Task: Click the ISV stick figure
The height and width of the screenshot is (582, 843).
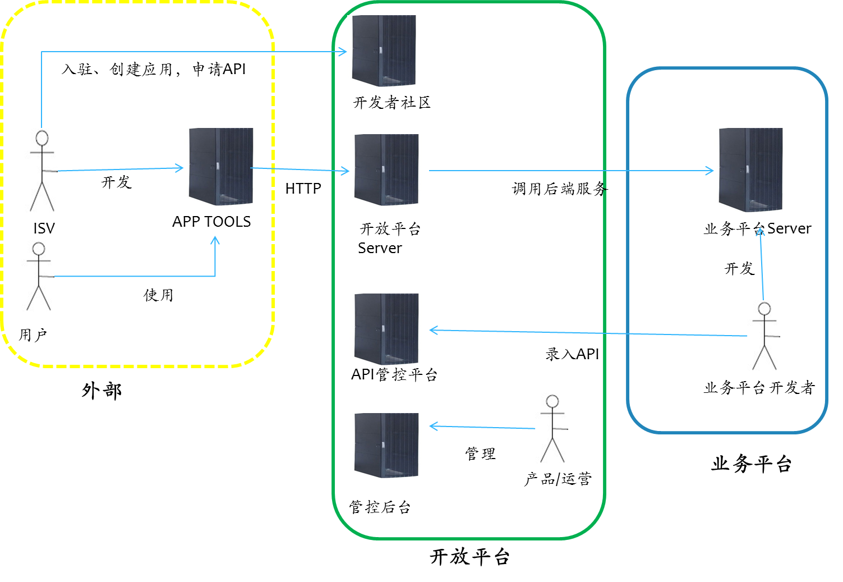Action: click(x=41, y=170)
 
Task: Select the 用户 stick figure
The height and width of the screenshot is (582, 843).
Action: click(x=38, y=276)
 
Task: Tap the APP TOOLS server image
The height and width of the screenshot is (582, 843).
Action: click(x=223, y=167)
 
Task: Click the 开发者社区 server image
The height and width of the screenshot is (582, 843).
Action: click(x=386, y=51)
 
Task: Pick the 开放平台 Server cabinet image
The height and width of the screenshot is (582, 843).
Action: click(x=389, y=170)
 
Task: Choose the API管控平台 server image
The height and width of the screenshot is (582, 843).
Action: click(x=389, y=329)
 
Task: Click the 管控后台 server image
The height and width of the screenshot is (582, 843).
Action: click(x=389, y=446)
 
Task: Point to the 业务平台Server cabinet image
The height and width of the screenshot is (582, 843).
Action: click(x=753, y=171)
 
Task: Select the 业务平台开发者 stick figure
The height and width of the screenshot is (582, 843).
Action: click(x=763, y=336)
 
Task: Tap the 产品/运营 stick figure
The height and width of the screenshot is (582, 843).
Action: click(x=551, y=428)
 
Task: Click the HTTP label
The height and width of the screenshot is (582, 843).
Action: click(x=303, y=189)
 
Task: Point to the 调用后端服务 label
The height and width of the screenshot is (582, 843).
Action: click(x=559, y=189)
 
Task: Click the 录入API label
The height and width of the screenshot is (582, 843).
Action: click(x=572, y=354)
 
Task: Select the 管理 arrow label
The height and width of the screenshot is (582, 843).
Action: click(x=480, y=453)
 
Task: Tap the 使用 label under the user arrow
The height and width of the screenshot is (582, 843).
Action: click(x=158, y=295)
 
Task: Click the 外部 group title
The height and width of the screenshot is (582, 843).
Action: click(x=102, y=391)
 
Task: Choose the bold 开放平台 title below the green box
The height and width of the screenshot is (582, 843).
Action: click(x=469, y=557)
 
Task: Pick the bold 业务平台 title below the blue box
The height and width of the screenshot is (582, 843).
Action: click(x=751, y=464)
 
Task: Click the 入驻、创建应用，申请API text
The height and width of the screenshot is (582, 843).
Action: click(x=154, y=69)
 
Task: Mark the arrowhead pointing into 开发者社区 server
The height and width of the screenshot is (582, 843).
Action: click(x=343, y=52)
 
